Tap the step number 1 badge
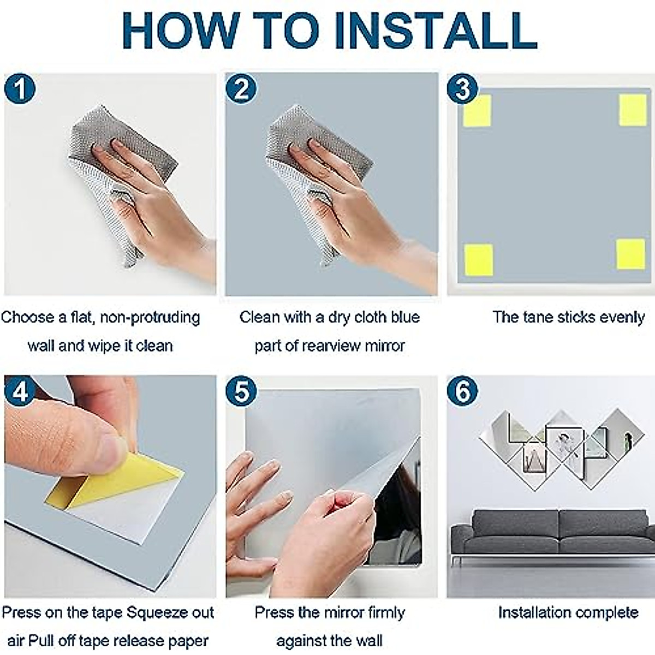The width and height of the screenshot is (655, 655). point(20,89)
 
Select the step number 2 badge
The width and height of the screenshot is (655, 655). point(241,89)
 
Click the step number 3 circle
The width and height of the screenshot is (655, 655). point(463,89)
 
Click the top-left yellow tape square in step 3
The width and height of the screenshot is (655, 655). point(477,111)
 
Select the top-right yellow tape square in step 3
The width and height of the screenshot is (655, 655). point(633,110)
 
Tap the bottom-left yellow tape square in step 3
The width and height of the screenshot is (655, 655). point(479,260)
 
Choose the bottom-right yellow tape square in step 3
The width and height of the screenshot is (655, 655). point(630,254)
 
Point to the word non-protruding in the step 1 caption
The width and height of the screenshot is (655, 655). point(150,318)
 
